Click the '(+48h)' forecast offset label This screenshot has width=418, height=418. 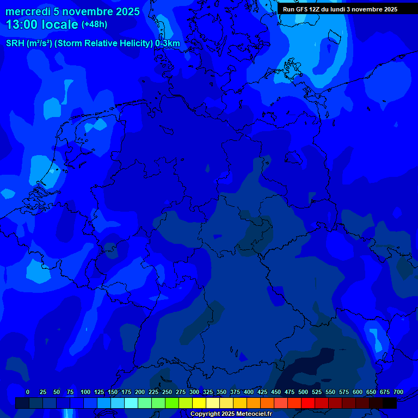tap(95, 24)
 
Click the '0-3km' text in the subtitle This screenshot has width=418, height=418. tap(167, 44)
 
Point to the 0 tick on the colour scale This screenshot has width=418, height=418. tap(28, 392)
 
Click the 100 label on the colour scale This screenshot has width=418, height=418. tap(85, 392)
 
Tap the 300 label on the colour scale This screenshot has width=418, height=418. tap(194, 392)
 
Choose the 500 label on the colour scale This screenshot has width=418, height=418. tap(303, 392)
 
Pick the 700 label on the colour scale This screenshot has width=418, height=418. tap(398, 392)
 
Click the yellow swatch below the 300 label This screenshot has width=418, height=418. tap(199, 403)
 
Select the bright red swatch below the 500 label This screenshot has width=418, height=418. tap(308, 403)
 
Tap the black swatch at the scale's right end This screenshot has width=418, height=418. tap(390, 403)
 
